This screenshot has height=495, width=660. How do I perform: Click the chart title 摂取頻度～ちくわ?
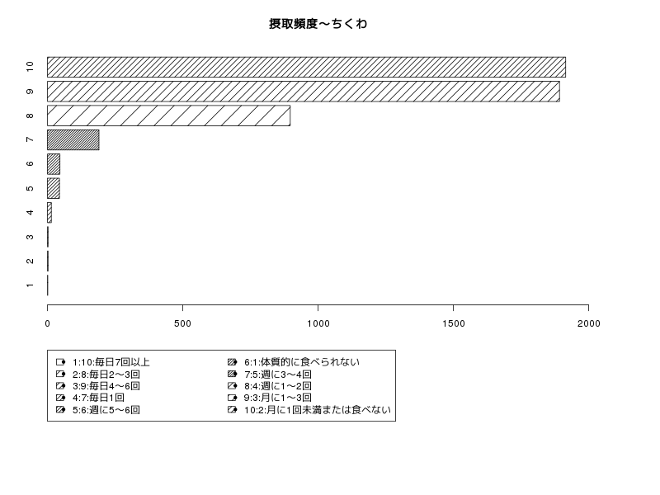[318, 24]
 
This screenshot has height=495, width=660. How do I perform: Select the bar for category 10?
[306, 68]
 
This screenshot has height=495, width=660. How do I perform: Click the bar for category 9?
[304, 92]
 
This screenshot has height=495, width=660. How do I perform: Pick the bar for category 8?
[169, 115]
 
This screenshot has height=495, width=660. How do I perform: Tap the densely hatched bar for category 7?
[73, 139]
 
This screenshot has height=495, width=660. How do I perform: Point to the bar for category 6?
[54, 164]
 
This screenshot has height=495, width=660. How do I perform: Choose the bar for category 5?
[54, 188]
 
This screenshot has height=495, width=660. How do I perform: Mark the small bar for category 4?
[49, 213]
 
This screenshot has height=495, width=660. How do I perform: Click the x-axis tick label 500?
[182, 323]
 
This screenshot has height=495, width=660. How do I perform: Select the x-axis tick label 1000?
[318, 323]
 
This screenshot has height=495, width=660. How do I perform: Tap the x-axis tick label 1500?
[453, 323]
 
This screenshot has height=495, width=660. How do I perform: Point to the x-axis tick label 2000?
[588, 323]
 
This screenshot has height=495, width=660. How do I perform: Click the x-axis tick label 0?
[48, 323]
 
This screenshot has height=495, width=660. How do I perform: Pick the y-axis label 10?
[30, 67]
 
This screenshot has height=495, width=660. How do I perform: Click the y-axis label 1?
[30, 285]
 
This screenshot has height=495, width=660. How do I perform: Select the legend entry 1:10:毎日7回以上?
[111, 362]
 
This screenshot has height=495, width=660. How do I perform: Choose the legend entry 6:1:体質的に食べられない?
[302, 362]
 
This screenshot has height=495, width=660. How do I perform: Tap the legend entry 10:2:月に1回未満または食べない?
[318, 409]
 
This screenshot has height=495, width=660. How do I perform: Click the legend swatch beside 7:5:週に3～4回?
[232, 374]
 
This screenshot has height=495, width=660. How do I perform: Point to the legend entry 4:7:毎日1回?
[98, 398]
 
